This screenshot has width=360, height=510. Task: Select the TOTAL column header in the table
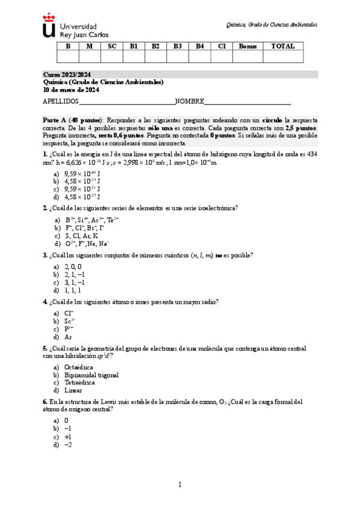click(282, 46)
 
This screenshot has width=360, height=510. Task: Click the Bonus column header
click(248, 46)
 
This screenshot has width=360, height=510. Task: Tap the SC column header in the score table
click(112, 46)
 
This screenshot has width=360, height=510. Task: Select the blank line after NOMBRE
click(248, 102)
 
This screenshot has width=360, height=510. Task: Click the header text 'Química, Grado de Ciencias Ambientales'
click(271, 25)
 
